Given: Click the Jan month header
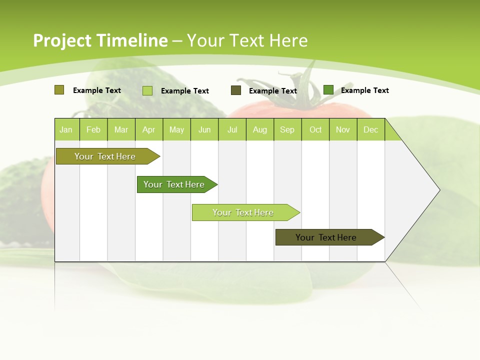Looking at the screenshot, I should pyautogui.click(x=66, y=129).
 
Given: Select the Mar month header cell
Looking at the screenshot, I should pyautogui.click(x=121, y=129).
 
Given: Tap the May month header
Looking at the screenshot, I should pyautogui.click(x=176, y=129).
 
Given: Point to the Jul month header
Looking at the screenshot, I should pyautogui.click(x=232, y=129).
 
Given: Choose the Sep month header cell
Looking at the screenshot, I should pyautogui.click(x=287, y=129).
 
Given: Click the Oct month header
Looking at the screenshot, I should pyautogui.click(x=315, y=129).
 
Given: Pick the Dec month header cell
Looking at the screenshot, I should pyautogui.click(x=370, y=129).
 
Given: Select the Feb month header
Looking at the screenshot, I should pyautogui.click(x=93, y=129).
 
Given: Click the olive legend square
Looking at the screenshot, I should pyautogui.click(x=59, y=90).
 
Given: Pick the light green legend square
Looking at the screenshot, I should pyautogui.click(x=147, y=90).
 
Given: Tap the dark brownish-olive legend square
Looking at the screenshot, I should pyautogui.click(x=236, y=90).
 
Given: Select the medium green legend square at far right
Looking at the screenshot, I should pyautogui.click(x=328, y=90).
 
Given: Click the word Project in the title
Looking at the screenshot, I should pyautogui.click(x=62, y=40).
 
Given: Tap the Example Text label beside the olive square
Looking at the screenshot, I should pyautogui.click(x=97, y=90).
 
